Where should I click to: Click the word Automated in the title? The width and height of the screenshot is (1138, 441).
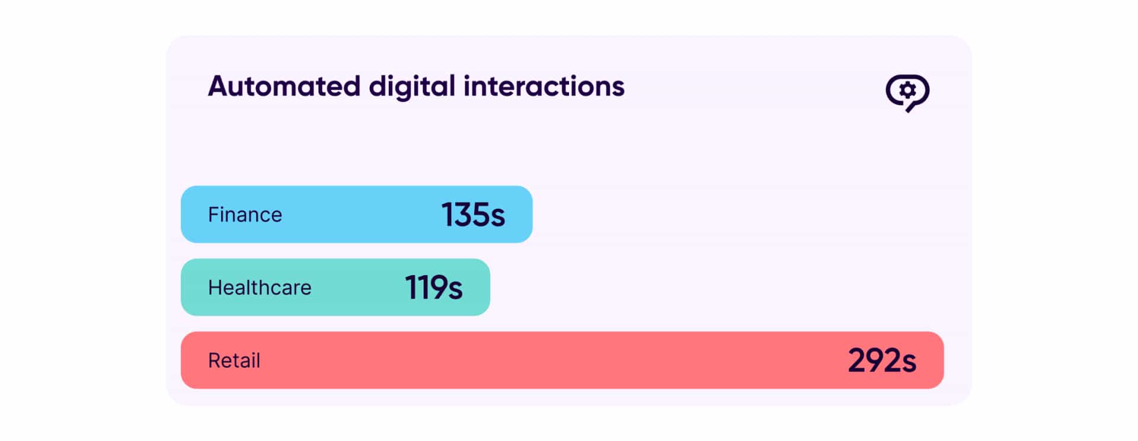(x=284, y=87)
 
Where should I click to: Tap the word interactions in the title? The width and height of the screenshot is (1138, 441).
(x=544, y=87)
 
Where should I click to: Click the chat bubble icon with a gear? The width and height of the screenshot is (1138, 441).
(x=907, y=92)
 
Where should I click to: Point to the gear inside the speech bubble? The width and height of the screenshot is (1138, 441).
(x=907, y=90)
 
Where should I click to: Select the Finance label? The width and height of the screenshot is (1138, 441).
(x=245, y=215)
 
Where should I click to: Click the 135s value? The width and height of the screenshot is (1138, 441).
(x=473, y=215)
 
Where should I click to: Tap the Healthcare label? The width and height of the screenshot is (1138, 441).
(x=260, y=287)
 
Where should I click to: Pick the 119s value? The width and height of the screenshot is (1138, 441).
(x=433, y=287)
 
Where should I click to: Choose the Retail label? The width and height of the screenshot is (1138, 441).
(x=234, y=360)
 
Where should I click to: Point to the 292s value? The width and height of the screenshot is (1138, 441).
(x=881, y=360)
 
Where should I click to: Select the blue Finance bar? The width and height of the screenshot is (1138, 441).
(x=356, y=215)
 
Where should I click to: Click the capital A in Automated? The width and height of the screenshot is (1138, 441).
(x=219, y=87)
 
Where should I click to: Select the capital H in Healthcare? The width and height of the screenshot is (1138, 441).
(x=215, y=287)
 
